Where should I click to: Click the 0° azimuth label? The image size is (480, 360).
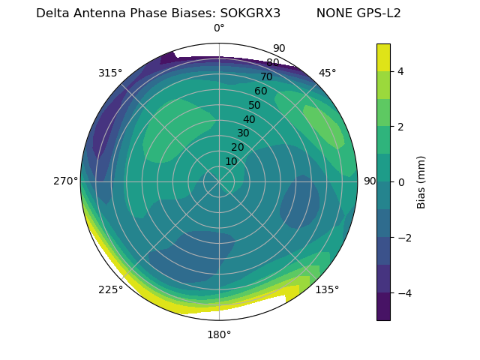pos(219,28)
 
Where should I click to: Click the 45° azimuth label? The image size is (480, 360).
pos(327,73)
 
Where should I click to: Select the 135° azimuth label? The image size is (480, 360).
pos(327,289)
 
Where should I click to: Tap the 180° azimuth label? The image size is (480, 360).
pos(219,334)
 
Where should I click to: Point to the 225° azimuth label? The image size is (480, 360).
pos(110,289)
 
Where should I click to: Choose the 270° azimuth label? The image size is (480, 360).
pos(64,181)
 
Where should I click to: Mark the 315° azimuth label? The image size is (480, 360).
pos(110,73)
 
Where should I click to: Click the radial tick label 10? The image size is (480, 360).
pos(231,161)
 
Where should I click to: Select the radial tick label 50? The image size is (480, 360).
pos(254,106)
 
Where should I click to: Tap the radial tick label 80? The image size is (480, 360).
pos(272,63)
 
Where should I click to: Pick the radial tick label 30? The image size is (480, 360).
pos(243,133)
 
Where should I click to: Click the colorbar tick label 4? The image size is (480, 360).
pos(400,71)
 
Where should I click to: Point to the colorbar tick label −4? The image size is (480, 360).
pos(403,292)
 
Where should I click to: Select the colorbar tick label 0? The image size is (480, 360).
pos(400,181)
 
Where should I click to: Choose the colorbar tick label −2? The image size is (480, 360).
pos(403,237)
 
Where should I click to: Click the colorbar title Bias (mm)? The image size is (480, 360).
pos(421,181)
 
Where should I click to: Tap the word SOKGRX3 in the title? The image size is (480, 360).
pos(250,13)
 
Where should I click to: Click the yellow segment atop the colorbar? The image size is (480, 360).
pos(383,57)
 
